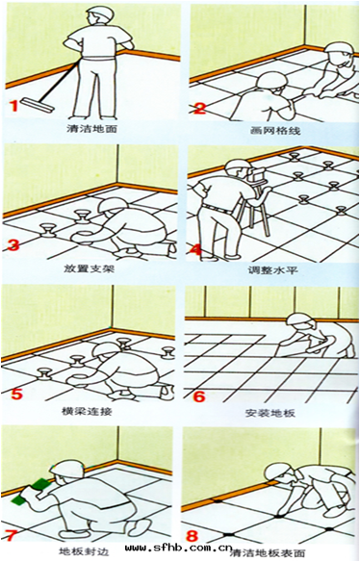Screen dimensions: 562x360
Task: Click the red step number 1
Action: point(13,107)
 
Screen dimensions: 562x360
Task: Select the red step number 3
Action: point(13,246)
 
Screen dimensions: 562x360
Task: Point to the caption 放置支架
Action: point(90,268)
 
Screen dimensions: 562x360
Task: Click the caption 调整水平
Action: point(267,269)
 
